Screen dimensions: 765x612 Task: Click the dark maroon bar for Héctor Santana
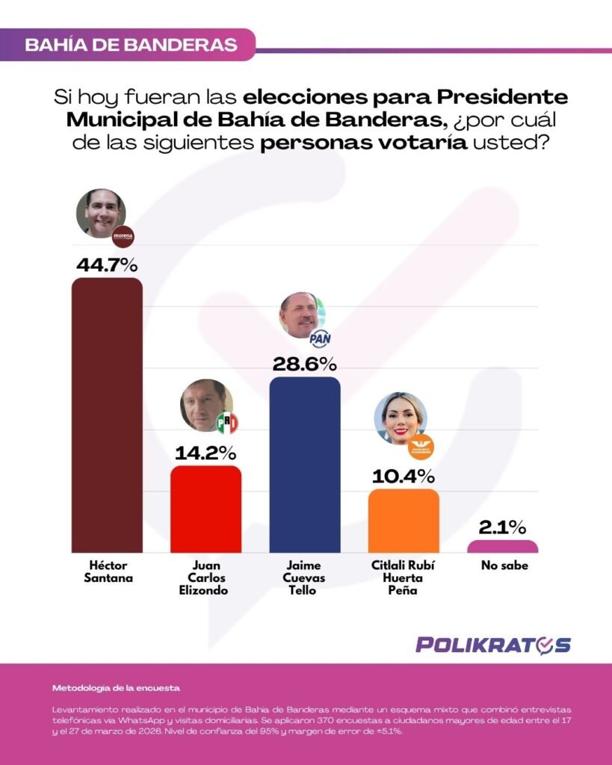pos(106,415)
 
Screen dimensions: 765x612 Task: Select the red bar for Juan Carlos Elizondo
pos(205,509)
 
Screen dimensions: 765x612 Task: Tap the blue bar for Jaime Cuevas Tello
pos(304,464)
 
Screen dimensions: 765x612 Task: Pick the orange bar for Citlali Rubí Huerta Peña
pos(404,521)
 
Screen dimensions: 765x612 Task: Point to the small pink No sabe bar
pos(502,546)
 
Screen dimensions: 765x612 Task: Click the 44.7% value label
pos(107,264)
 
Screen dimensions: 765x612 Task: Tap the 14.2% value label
pos(205,452)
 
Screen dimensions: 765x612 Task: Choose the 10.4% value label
pos(403,476)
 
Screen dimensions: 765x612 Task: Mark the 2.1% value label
pos(502,527)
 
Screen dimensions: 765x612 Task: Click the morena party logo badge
pos(122,238)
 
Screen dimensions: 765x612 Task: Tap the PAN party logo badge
pos(320,338)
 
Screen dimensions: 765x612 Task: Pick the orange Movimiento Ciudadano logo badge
pos(421,447)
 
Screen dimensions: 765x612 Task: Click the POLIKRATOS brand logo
pos(493,645)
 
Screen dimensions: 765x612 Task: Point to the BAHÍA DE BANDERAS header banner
pos(131,44)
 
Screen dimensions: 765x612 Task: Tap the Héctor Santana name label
pos(106,572)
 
